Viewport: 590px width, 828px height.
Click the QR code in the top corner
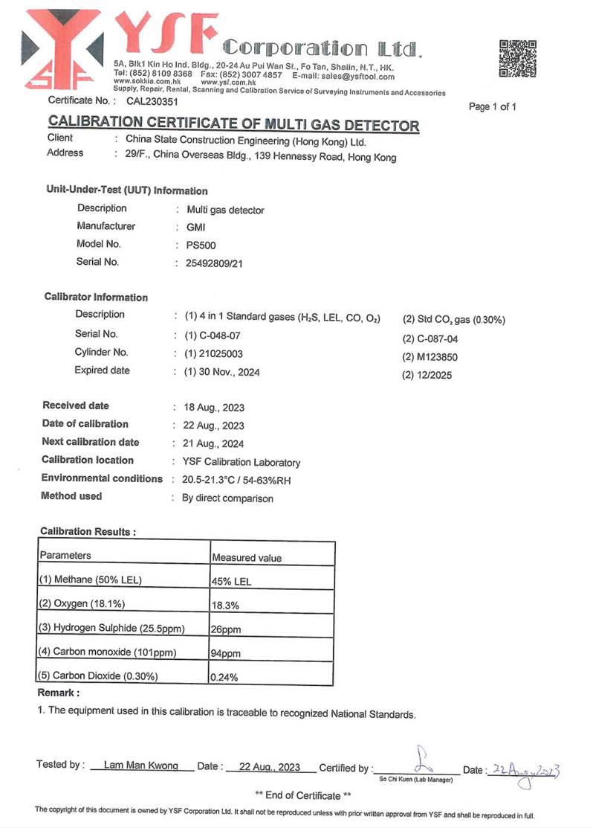pyautogui.click(x=518, y=59)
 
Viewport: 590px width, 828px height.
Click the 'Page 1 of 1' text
pyautogui.click(x=493, y=107)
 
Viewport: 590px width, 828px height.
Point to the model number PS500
pyautogui.click(x=202, y=245)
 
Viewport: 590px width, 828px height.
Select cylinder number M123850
pyautogui.click(x=430, y=357)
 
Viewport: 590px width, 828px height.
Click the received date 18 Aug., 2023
pyautogui.click(x=213, y=408)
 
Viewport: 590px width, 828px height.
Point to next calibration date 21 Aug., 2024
pyautogui.click(x=213, y=444)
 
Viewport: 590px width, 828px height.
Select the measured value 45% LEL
pyautogui.click(x=231, y=582)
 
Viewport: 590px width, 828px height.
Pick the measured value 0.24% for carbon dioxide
pyautogui.click(x=224, y=678)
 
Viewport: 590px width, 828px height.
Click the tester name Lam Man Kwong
pyautogui.click(x=141, y=766)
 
